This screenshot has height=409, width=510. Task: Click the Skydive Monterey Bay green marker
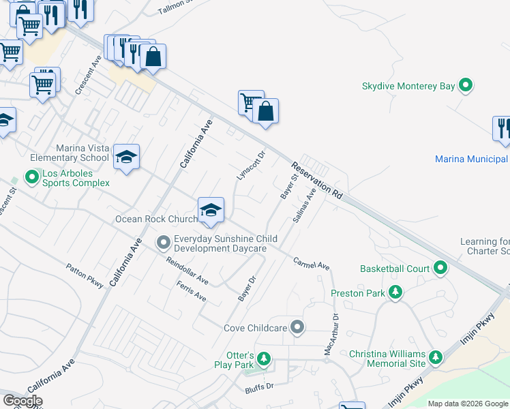tap(466, 86)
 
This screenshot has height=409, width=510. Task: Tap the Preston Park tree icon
tap(395, 293)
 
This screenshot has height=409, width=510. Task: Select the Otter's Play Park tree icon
tap(264, 358)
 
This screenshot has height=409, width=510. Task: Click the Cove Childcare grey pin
tap(297, 328)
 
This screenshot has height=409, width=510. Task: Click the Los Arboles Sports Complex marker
tap(31, 178)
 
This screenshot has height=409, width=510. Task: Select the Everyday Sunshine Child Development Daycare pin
tap(163, 242)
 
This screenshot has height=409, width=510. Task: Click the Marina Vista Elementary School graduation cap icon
tap(127, 157)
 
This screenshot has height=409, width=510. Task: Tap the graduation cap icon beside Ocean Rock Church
tap(211, 210)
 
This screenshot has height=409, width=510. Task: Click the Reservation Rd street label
tap(316, 181)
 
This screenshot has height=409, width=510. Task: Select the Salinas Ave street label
tap(304, 205)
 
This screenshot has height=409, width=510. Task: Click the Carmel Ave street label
tap(312, 262)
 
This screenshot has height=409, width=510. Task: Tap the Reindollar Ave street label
tap(187, 270)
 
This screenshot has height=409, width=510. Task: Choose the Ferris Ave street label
tap(191, 291)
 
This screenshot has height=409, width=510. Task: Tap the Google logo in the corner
tap(22, 401)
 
